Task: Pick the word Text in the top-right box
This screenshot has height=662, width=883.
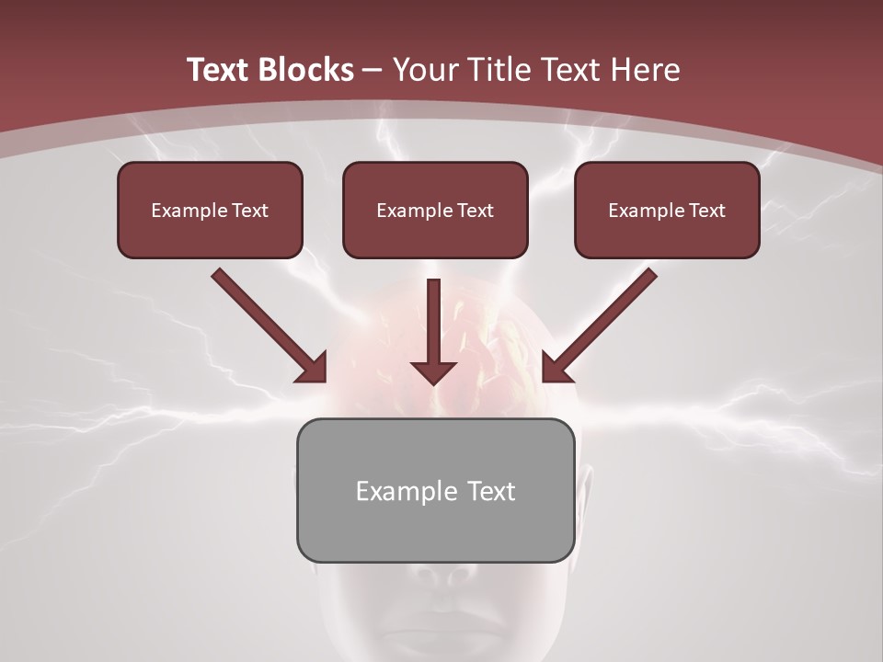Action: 706,211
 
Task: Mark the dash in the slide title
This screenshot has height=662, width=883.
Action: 373,70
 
